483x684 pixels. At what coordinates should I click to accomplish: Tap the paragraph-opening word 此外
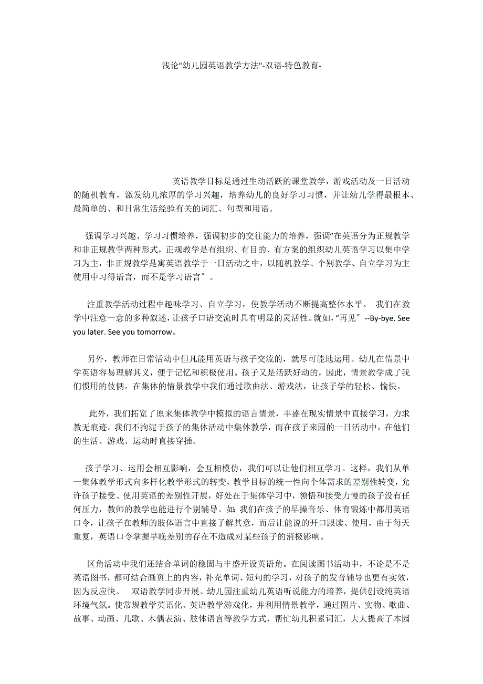click(97, 414)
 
